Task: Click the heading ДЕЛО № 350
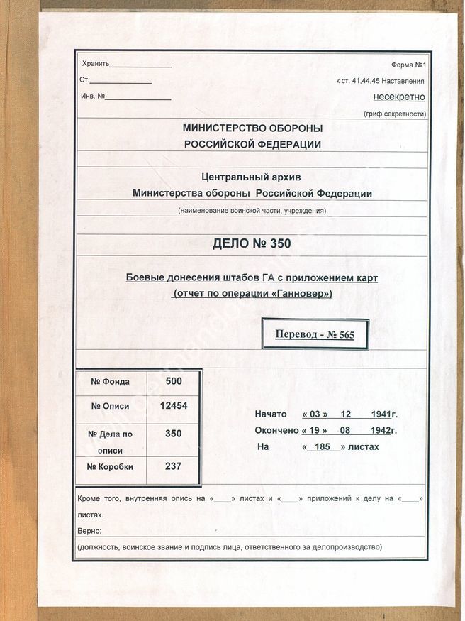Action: click(252, 244)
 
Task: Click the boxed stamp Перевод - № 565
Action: click(315, 334)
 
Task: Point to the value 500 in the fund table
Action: click(173, 381)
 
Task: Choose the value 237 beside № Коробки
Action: click(173, 466)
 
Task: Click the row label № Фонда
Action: click(111, 382)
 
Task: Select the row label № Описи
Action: click(111, 406)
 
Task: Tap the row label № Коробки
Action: click(111, 466)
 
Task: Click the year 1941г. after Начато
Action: click(383, 414)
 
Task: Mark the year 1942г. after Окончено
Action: click(383, 430)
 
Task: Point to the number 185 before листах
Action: click(323, 447)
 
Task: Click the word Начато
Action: click(271, 414)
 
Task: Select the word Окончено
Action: click(276, 430)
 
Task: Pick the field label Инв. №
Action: click(94, 96)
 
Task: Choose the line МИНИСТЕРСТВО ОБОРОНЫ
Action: click(252, 128)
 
